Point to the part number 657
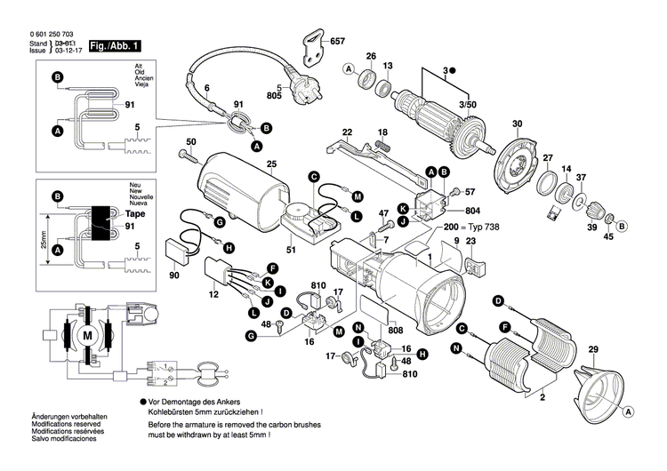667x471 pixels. pyautogui.click(x=337, y=42)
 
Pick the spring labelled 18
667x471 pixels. pyautogui.click(x=383, y=146)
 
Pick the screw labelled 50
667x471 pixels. pyautogui.click(x=188, y=156)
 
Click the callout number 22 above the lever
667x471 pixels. pyautogui.click(x=347, y=131)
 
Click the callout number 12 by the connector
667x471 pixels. pyautogui.click(x=213, y=294)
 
